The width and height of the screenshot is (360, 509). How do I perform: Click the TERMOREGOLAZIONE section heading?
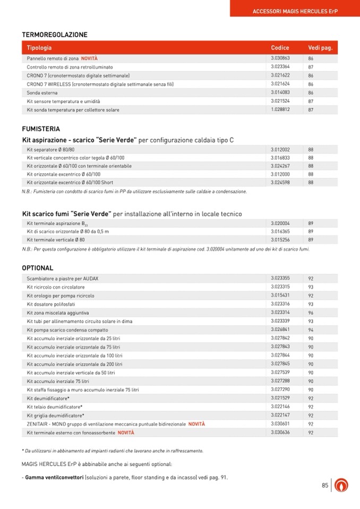55,34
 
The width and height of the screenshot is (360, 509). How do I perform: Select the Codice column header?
280,48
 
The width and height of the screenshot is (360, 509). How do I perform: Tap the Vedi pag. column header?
320,48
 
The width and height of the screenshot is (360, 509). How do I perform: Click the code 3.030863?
280,58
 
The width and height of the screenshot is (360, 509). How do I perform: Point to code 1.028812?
280,110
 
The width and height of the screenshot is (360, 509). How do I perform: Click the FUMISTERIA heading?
41,129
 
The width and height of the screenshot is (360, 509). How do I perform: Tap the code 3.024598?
280,183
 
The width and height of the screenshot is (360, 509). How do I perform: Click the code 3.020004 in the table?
280,223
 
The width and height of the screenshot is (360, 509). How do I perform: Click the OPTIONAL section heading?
38,268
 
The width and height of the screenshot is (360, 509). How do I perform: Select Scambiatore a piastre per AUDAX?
63,278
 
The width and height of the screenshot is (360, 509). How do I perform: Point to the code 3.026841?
280,330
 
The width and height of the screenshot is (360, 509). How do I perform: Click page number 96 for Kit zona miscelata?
311,313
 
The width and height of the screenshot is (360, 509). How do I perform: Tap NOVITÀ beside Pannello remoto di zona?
89,58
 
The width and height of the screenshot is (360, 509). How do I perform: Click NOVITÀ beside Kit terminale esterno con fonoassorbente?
126,433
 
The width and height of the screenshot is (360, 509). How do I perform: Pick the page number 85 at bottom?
325,485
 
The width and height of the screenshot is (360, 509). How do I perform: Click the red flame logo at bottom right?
343,485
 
